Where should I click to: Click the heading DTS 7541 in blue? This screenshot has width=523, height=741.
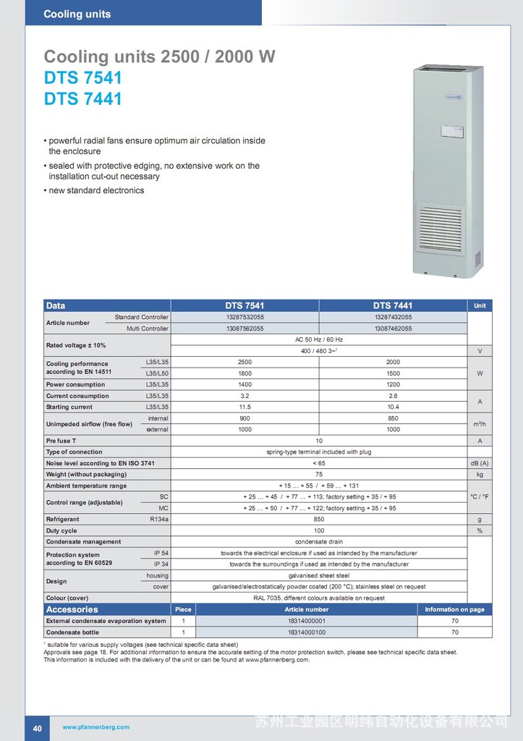[x=83, y=78]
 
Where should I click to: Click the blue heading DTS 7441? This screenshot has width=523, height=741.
[x=83, y=99]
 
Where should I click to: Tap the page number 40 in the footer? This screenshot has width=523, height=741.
[x=37, y=727]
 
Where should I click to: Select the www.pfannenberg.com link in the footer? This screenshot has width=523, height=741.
[x=96, y=727]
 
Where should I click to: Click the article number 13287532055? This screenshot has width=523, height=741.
[x=245, y=317]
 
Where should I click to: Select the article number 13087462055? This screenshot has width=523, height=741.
[x=393, y=329]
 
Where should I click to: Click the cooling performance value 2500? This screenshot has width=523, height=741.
[x=245, y=362]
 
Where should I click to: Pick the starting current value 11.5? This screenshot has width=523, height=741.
[x=245, y=407]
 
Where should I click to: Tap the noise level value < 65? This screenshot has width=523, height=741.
[x=319, y=463]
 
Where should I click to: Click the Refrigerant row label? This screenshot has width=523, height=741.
[x=63, y=520]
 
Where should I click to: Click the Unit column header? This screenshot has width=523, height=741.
[x=480, y=306]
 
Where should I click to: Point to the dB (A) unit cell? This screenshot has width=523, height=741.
[x=480, y=463]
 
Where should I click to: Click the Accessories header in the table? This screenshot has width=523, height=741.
[x=72, y=609]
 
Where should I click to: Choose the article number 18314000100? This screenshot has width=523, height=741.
[x=306, y=632]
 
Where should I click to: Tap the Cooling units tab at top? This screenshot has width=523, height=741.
[x=77, y=14]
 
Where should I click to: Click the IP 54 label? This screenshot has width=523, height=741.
[x=161, y=553]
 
